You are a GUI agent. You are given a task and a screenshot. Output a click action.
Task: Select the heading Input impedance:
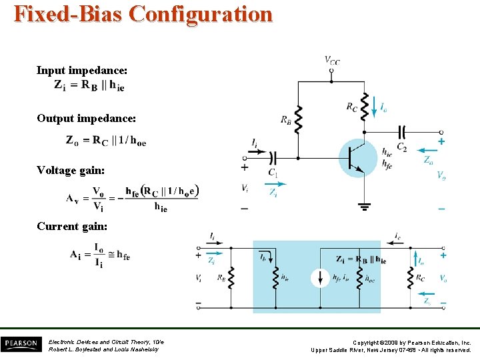pyautogui.click(x=82, y=70)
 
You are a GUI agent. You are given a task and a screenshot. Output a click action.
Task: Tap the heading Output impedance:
pyautogui.click(x=87, y=118)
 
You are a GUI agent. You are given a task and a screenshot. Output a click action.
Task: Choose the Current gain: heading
pyautogui.click(x=72, y=226)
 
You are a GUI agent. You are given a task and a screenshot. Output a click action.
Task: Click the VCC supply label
pyautogui.click(x=332, y=61)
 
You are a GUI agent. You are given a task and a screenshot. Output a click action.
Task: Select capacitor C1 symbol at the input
pyautogui.click(x=273, y=158)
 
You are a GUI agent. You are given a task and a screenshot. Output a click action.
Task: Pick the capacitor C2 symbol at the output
pyautogui.click(x=401, y=132)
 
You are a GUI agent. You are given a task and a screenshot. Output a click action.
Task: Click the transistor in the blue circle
pyautogui.click(x=359, y=157)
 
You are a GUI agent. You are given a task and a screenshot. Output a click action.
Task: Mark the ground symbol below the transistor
pyautogui.click(x=364, y=206)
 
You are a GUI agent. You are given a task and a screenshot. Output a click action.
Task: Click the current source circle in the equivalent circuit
pyautogui.click(x=321, y=278)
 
